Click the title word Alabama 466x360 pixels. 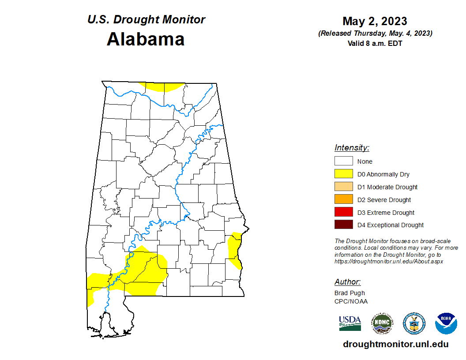click(146, 39)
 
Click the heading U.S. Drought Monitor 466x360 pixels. click(146, 20)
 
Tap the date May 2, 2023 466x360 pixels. click(375, 21)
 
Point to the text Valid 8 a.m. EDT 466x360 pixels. click(375, 43)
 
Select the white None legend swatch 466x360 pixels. click(343, 161)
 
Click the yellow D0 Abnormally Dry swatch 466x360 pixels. click(343, 174)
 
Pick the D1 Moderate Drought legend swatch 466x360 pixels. click(343, 187)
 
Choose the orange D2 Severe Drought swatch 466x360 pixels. click(343, 200)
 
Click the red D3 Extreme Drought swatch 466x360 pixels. click(343, 213)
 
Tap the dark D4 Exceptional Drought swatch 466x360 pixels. click(343, 225)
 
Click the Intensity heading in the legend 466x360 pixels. click(352, 148)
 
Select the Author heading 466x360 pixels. click(347, 282)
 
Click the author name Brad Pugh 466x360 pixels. click(349, 293)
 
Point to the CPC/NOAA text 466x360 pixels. click(351, 301)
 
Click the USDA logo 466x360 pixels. click(350, 323)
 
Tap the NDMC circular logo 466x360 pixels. click(382, 323)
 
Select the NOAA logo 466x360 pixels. click(446, 323)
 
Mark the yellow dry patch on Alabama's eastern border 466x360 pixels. click(234, 249)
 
